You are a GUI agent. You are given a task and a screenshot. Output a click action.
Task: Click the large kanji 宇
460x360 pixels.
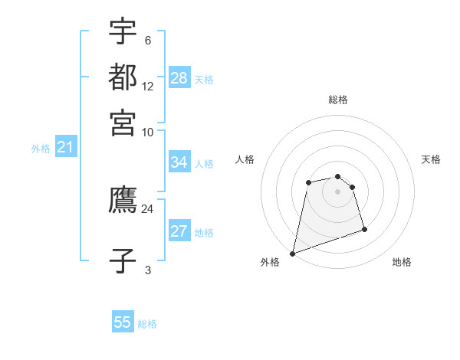click(x=123, y=31)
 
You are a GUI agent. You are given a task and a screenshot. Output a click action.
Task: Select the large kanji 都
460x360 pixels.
click(x=123, y=77)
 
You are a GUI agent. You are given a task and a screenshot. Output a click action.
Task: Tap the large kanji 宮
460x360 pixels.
click(x=123, y=123)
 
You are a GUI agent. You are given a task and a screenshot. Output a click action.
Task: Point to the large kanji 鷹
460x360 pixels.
click(x=123, y=199)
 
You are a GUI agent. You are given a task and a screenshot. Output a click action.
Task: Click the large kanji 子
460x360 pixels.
click(x=123, y=260)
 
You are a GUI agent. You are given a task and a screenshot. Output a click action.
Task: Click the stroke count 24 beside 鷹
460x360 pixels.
click(x=147, y=209)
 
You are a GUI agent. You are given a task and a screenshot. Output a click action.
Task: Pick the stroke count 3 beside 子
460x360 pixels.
click(x=148, y=270)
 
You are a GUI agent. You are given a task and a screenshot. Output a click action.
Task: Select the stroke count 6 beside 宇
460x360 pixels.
click(x=148, y=40)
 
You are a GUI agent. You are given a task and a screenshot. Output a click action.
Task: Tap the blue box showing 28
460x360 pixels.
click(x=179, y=77)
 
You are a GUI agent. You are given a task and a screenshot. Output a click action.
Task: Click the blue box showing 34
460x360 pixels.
click(x=179, y=162)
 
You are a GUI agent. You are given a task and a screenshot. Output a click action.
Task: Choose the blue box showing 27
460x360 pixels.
click(x=179, y=230)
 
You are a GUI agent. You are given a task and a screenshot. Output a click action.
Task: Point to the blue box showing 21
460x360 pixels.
click(x=66, y=146)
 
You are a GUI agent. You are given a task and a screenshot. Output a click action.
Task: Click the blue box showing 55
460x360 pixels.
click(x=123, y=321)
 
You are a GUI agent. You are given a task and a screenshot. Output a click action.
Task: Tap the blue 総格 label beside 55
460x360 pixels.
click(x=147, y=324)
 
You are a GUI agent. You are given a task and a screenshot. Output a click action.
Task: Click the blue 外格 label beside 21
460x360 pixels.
click(x=41, y=149)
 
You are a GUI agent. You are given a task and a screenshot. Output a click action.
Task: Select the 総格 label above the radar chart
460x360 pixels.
click(x=338, y=100)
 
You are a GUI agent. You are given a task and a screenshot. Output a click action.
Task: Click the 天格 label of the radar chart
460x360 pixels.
click(x=431, y=159)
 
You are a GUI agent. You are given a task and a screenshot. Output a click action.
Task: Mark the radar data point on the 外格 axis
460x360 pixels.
click(x=292, y=254)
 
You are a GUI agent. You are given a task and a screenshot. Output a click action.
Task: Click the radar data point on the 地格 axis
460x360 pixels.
click(x=364, y=229)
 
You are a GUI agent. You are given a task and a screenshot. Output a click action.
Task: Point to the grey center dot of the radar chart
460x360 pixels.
click(x=337, y=191)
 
